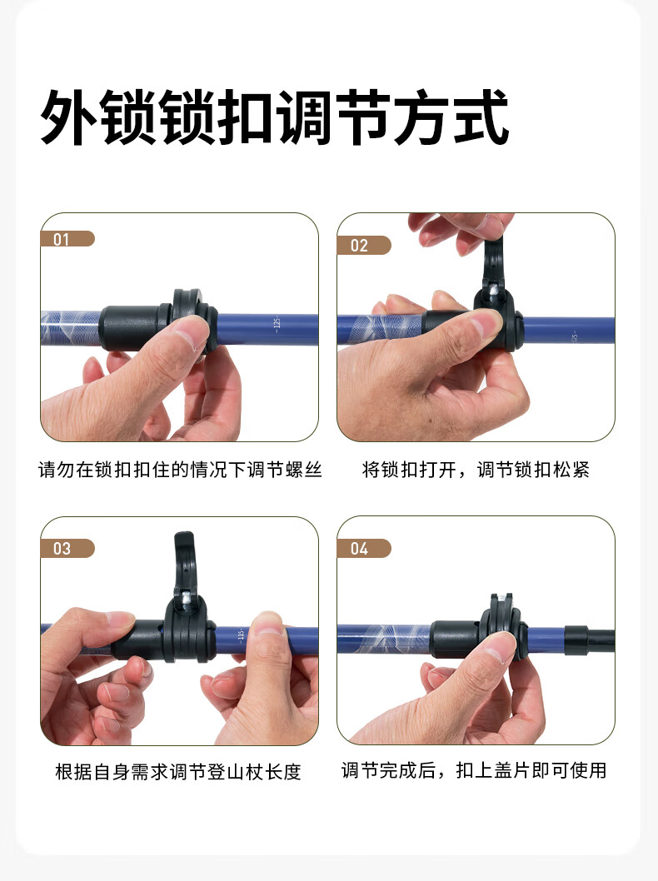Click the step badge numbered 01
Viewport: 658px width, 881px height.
pos(67,239)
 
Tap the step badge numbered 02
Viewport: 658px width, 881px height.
pos(364,246)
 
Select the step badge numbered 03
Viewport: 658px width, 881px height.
pos(67,549)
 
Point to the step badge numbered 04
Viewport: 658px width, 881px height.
pos(364,549)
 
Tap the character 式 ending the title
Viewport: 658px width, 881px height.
pos(481,117)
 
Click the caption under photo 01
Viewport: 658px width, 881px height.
pos(180,470)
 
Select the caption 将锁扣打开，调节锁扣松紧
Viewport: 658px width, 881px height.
pos(476,470)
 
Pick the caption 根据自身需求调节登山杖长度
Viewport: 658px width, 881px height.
pos(178,772)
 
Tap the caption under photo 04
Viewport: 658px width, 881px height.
pos(474,770)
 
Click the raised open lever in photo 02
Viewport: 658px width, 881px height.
pos(493,264)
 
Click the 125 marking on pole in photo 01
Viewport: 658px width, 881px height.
pos(277,325)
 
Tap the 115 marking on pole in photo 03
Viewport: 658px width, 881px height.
pos(241,635)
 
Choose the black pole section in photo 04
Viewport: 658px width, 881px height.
pos(590,640)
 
